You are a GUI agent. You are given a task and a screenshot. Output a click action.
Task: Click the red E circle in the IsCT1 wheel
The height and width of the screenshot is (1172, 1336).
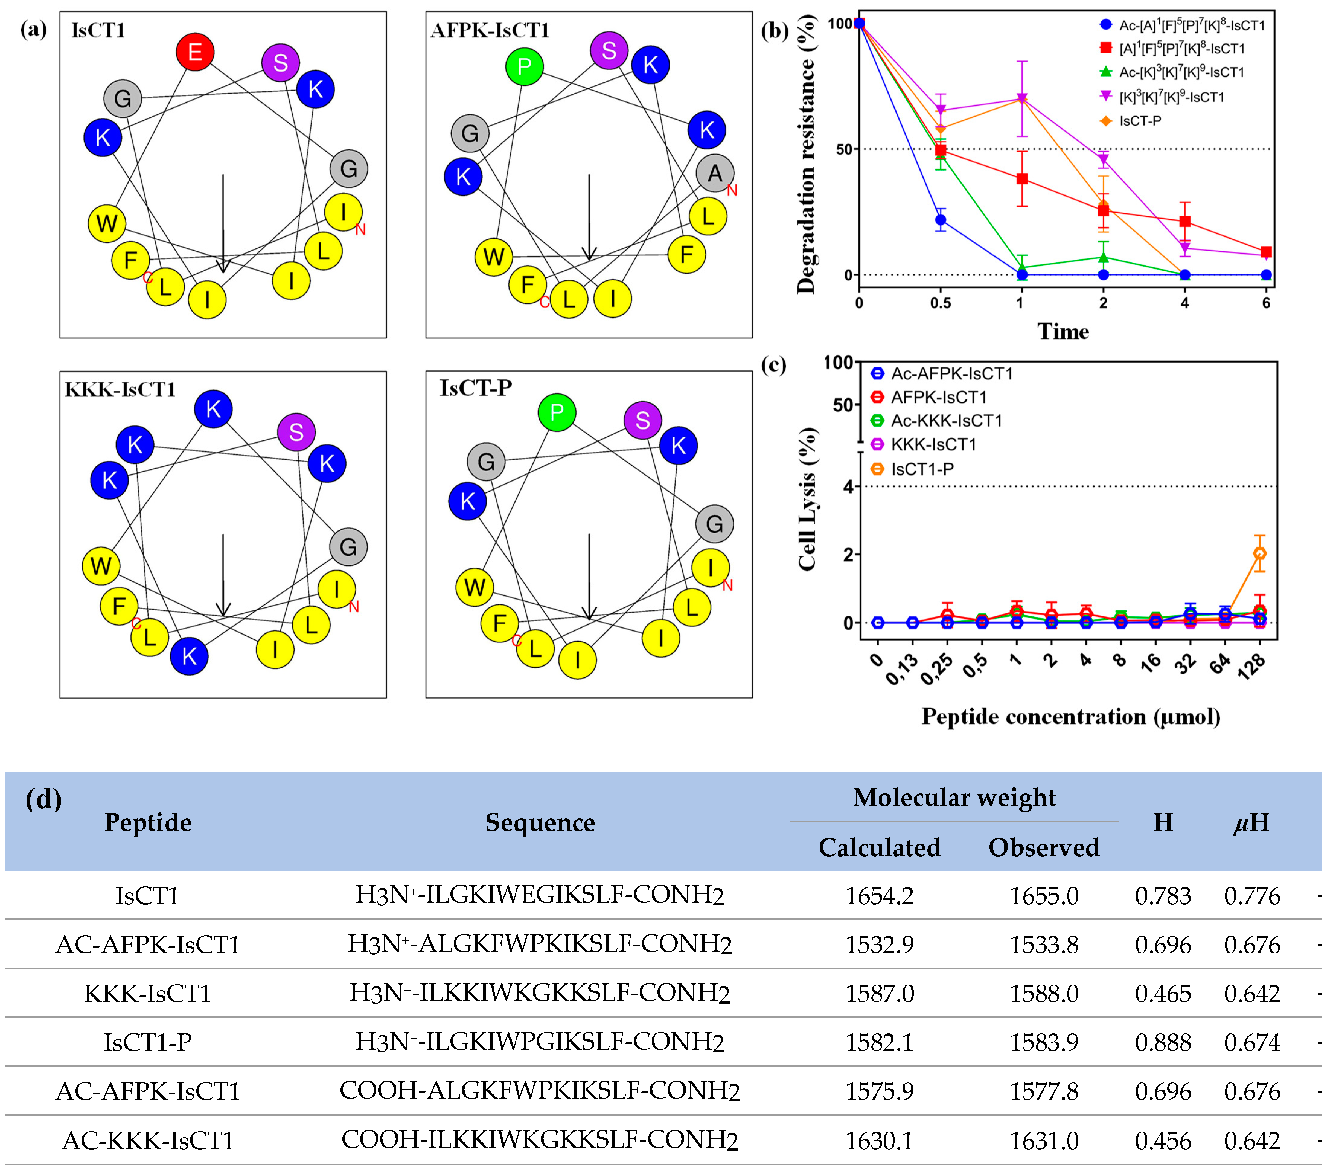click(195, 52)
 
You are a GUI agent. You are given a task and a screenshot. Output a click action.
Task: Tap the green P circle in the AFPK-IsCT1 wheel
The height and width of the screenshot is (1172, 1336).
click(524, 66)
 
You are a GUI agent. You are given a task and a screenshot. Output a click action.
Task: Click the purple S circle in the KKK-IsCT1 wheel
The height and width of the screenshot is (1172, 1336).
click(296, 432)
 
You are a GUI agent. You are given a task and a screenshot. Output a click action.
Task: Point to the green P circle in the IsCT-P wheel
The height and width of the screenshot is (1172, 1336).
click(557, 412)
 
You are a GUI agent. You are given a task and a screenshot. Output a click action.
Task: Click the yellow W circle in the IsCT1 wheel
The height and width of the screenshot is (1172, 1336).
click(107, 223)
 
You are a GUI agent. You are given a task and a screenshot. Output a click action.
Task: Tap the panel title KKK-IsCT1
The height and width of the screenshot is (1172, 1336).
click(120, 389)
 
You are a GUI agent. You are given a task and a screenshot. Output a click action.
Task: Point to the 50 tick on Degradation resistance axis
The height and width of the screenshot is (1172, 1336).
click(844, 149)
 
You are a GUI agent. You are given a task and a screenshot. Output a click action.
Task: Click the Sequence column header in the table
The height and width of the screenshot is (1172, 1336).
click(540, 822)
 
